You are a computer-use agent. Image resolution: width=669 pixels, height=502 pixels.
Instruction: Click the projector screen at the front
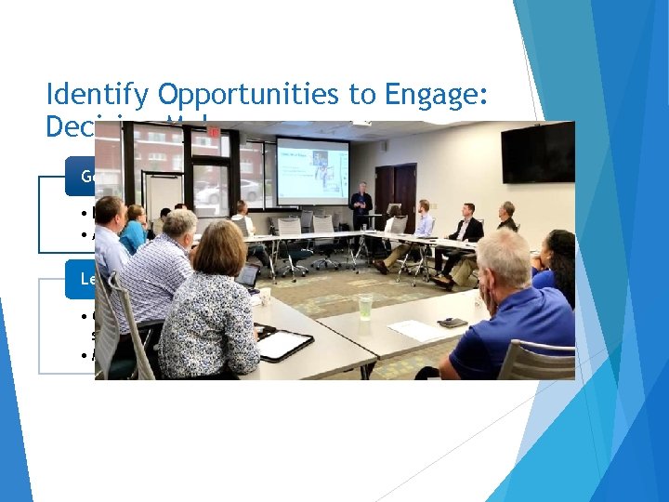(x=311, y=170)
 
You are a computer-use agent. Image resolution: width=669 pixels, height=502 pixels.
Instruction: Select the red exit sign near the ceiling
(x=213, y=132)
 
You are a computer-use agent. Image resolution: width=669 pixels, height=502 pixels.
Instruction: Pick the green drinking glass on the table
(x=364, y=307)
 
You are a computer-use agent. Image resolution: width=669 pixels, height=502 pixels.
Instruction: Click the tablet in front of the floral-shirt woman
(x=284, y=345)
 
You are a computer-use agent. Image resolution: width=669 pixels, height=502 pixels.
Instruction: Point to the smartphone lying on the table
(x=453, y=323)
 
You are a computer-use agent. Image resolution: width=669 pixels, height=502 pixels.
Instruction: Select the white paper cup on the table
(x=265, y=297)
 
